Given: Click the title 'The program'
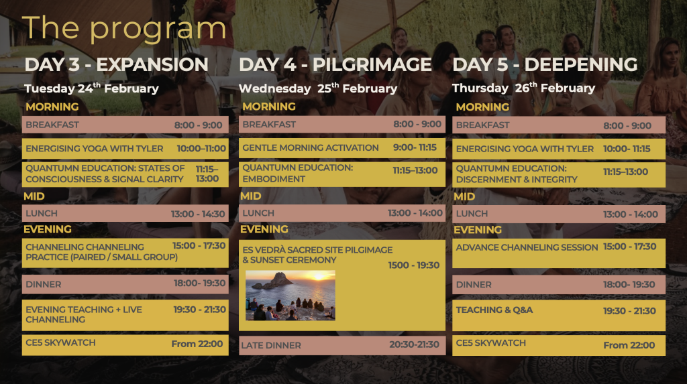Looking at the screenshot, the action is tap(124, 29).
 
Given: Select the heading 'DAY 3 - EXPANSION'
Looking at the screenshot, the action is tap(116, 64).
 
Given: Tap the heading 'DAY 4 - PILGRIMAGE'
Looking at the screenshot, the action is tap(335, 64).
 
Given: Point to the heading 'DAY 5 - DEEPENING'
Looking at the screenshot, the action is tap(545, 64).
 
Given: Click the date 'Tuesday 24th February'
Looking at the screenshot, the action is tap(91, 88).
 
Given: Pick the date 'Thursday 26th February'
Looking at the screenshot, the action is tap(523, 88).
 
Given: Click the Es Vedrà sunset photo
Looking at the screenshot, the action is tap(290, 295).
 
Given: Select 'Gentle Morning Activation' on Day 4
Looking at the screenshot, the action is tap(311, 148).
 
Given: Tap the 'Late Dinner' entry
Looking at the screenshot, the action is tap(271, 345).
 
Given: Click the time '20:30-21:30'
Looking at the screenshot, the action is tap(414, 344).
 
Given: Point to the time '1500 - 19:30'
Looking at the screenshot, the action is tap(413, 265).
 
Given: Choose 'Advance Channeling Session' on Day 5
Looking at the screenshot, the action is tap(527, 247).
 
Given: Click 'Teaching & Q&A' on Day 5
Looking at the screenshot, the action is tap(494, 310).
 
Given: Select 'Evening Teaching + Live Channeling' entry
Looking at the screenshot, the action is tap(84, 314).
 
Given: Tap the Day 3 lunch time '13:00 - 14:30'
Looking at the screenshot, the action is tap(198, 214).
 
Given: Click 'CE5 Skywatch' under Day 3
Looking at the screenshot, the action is tap(60, 342).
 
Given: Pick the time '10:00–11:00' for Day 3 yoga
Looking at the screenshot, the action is tap(201, 148).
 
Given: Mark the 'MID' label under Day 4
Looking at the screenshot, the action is tap(251, 196).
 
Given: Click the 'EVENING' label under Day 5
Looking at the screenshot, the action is tap(478, 230).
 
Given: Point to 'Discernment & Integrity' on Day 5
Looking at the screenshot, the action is tap(517, 180).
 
